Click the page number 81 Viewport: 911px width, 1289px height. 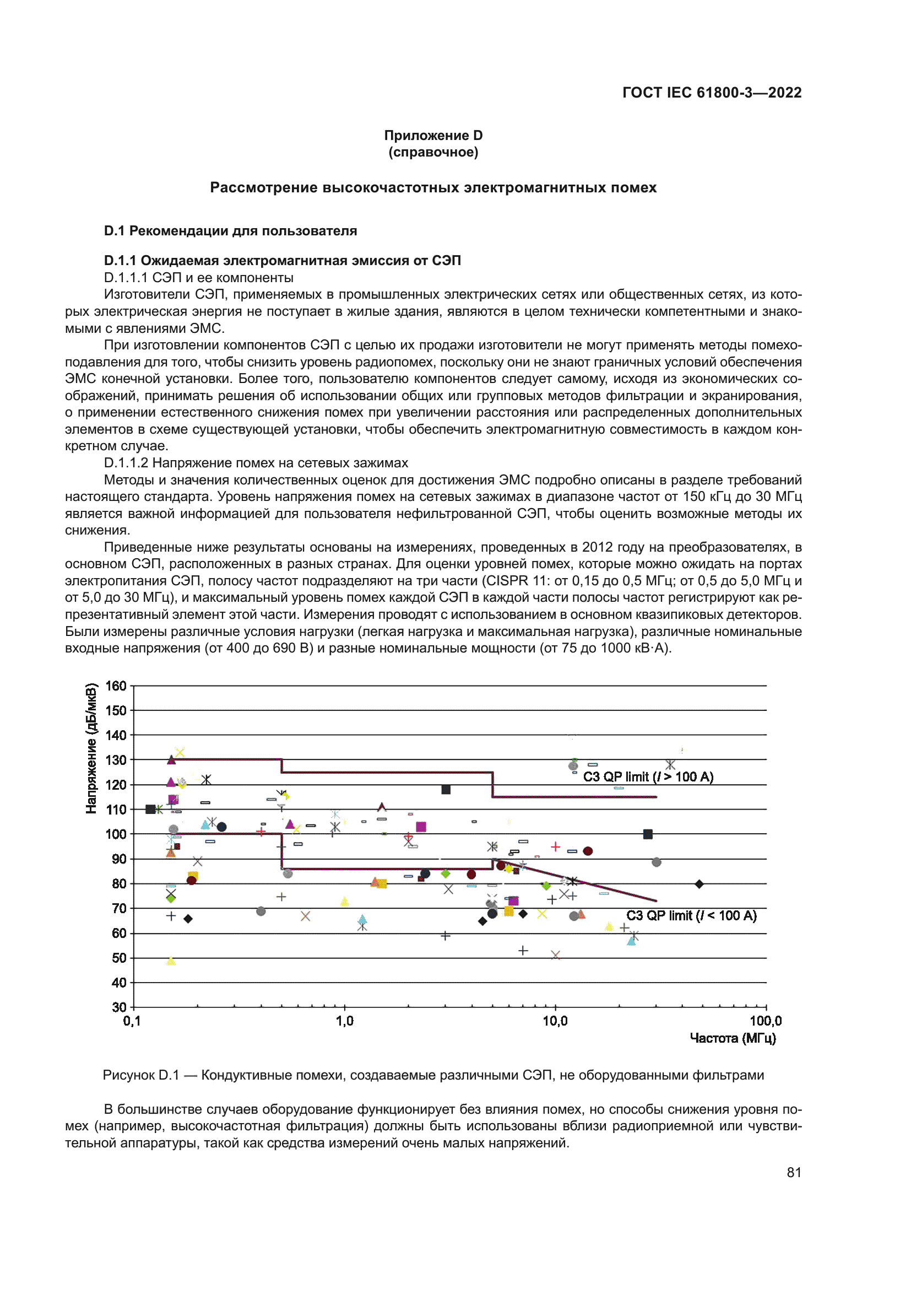[x=794, y=1172]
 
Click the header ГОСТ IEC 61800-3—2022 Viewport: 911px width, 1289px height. [x=712, y=93]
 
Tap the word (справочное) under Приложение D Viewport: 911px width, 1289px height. [x=433, y=152]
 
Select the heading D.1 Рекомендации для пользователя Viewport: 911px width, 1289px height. [x=231, y=231]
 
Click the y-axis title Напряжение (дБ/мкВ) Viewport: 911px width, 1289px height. [x=91, y=748]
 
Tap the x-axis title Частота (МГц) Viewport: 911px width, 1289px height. [x=733, y=1038]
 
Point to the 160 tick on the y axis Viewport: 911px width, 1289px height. [x=116, y=686]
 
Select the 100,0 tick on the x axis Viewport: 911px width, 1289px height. [x=765, y=1021]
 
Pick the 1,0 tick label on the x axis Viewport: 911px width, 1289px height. [x=344, y=1021]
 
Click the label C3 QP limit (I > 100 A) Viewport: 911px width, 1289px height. [x=648, y=777]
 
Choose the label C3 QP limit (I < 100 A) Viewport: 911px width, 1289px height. [x=691, y=916]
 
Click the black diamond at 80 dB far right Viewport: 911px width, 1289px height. [x=699, y=884]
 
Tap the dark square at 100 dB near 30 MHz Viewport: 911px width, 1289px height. [x=648, y=834]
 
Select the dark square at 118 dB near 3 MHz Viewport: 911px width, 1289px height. [x=446, y=790]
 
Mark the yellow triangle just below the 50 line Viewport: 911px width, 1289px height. [x=171, y=961]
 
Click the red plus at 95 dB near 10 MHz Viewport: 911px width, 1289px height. [x=555, y=846]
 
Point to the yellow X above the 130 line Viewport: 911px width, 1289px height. [x=180, y=752]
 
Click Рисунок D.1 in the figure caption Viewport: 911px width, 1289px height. [x=141, y=1075]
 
